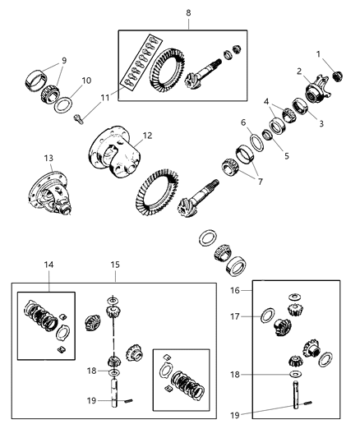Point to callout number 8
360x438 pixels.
[187, 14]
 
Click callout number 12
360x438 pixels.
[147, 136]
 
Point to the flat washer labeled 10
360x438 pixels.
[61, 105]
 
